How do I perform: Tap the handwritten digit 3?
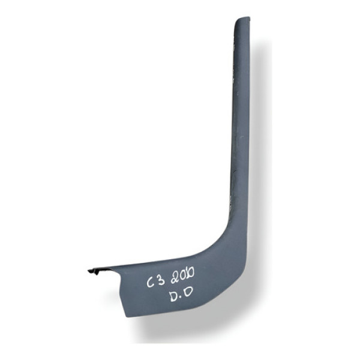click(x=161, y=280)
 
